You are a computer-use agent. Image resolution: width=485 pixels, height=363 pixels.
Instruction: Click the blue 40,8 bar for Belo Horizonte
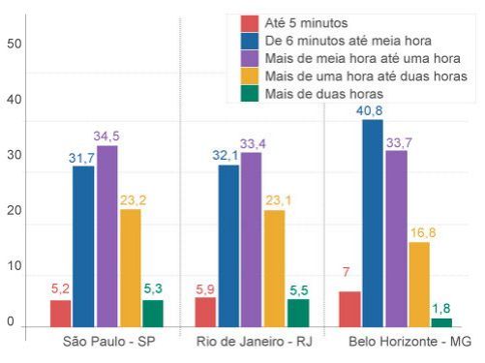tap(373, 223)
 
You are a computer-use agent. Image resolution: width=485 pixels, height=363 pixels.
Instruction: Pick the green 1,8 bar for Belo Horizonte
tap(441, 321)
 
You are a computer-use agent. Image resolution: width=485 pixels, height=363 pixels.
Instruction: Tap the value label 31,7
tap(83, 158)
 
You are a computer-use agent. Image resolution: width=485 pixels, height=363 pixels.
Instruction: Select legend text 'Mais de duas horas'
tap(323, 94)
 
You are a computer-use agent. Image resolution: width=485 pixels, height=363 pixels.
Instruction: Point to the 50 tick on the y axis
tap(14, 44)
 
